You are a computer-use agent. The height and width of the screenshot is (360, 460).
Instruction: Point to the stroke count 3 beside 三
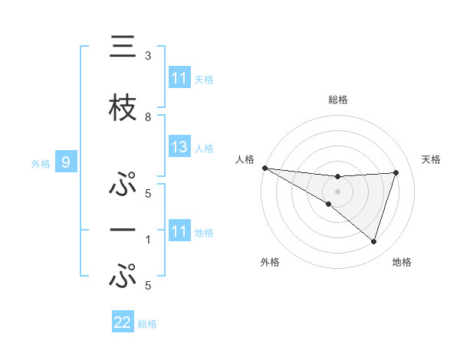148,56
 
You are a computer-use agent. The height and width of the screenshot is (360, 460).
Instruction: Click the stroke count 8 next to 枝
148,117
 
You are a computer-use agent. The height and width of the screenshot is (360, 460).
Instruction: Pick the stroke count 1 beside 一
148,240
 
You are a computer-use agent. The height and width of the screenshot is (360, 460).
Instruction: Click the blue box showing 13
179,147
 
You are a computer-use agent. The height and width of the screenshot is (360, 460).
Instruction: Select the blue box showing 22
123,323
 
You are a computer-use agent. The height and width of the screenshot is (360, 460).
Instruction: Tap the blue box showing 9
66,162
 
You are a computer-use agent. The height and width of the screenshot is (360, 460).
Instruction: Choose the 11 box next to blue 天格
179,78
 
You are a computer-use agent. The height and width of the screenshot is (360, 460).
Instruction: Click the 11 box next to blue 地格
179,231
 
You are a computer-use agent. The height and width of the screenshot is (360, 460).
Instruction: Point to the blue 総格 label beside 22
147,324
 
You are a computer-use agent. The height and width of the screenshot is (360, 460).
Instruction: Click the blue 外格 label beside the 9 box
41,163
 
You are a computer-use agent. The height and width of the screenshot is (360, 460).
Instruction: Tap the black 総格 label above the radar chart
337,100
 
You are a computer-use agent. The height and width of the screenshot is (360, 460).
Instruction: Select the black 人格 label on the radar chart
245,159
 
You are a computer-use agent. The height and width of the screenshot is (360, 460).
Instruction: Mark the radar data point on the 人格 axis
264,168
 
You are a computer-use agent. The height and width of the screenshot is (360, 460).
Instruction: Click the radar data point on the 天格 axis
396,172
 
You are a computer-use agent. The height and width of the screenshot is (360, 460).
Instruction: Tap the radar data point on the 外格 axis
328,204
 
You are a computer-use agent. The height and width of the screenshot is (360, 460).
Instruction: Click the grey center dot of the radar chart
337,191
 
